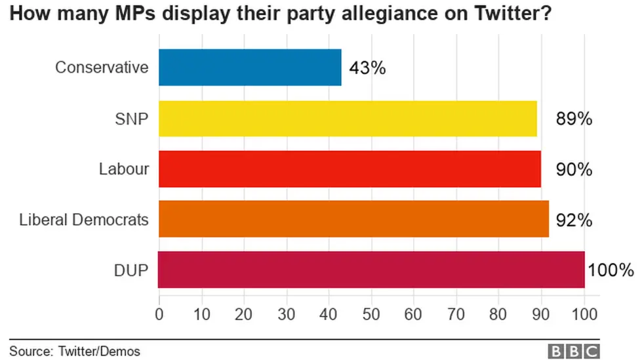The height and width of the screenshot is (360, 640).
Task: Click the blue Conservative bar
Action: [x=250, y=67]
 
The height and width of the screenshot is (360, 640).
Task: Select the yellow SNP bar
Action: [x=348, y=118]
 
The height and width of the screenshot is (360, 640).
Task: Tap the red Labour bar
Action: [x=350, y=169]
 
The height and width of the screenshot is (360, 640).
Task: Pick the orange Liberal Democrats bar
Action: [x=353, y=219]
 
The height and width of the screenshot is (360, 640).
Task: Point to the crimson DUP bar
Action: [x=371, y=270]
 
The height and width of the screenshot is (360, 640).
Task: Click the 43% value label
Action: [x=367, y=68]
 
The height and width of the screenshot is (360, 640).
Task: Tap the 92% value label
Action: [x=574, y=220]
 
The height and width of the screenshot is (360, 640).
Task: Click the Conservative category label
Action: [x=102, y=68]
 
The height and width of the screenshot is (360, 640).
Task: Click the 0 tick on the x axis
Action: [x=159, y=314]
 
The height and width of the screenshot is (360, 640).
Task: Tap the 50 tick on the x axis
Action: [x=371, y=314]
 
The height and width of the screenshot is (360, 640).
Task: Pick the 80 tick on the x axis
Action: [x=498, y=314]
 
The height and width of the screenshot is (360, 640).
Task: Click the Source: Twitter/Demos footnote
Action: [x=74, y=351]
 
